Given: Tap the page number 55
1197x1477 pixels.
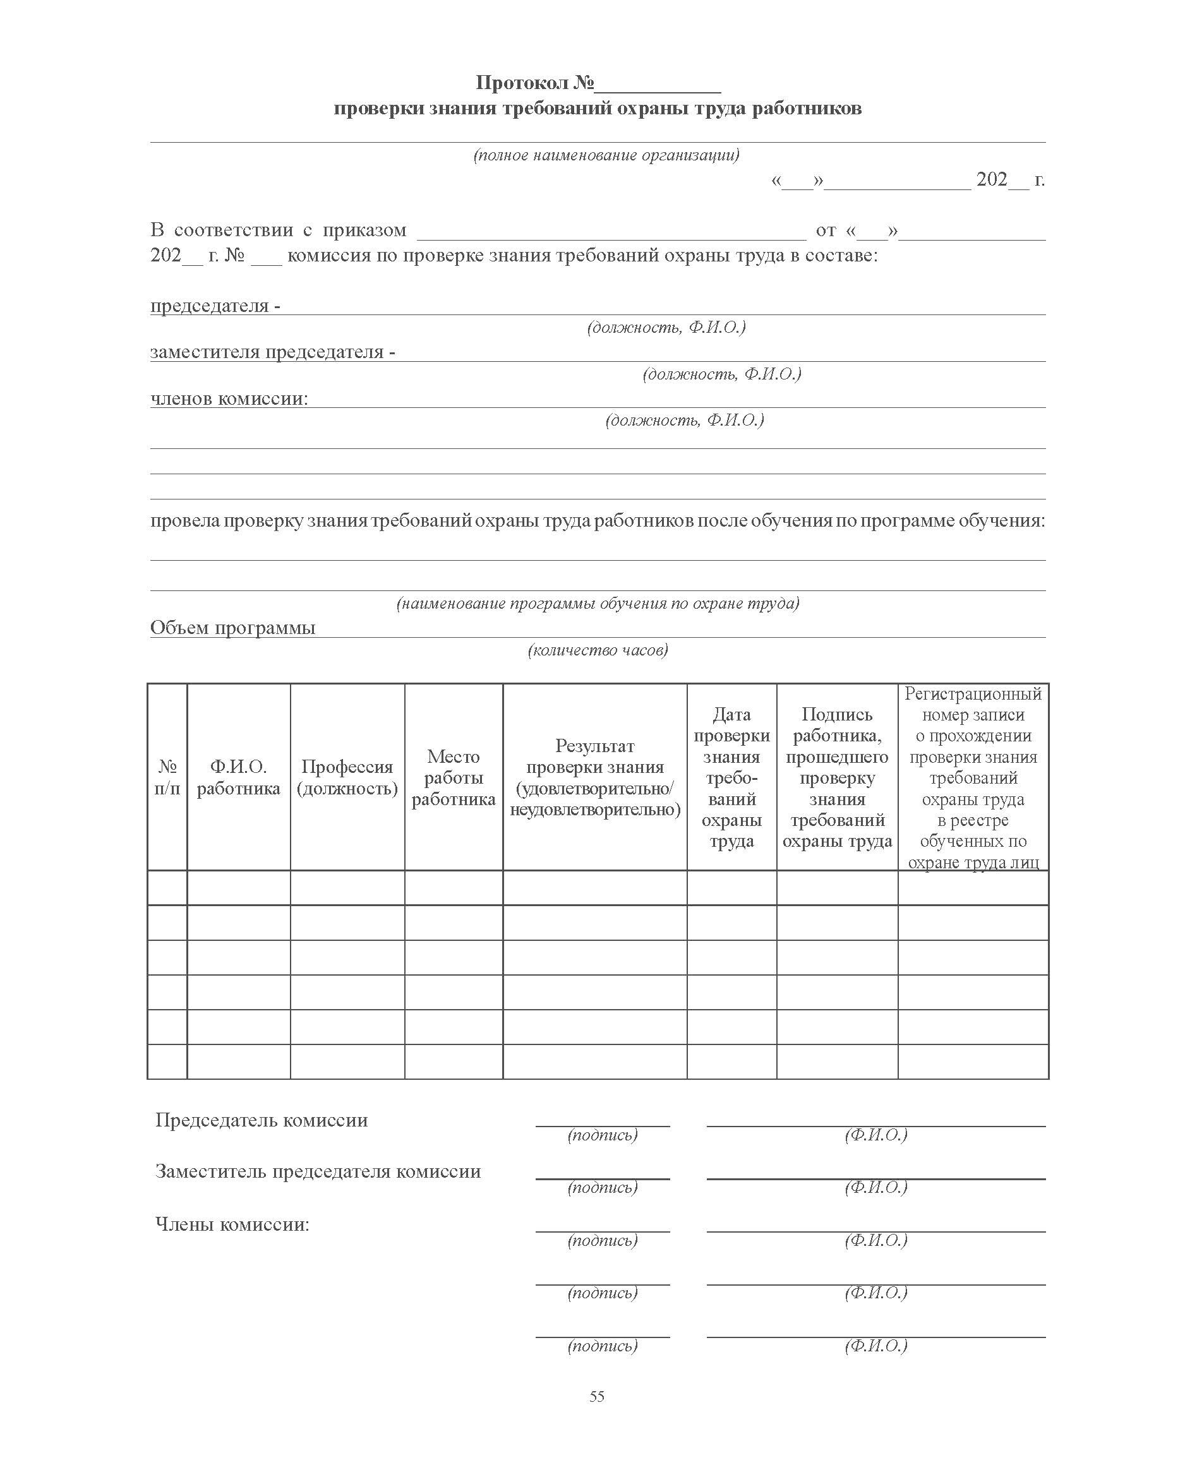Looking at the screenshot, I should click(597, 1396).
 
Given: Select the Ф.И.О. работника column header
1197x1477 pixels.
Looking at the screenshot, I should click(238, 777).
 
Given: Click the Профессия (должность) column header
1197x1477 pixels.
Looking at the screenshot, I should click(347, 777).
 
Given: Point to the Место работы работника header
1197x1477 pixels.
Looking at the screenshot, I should click(453, 777).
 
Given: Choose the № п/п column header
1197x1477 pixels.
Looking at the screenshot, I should click(167, 777).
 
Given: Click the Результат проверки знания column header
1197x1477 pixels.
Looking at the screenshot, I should click(594, 777).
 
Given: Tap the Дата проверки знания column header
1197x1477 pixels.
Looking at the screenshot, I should click(731, 777).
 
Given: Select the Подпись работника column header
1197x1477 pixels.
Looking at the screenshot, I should click(837, 777).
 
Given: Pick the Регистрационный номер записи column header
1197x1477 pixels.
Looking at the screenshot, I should click(973, 777).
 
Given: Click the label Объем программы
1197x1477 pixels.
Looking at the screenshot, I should click(232, 628).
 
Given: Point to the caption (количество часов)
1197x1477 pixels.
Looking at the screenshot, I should click(598, 650).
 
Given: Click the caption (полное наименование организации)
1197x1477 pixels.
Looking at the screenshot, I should click(606, 155).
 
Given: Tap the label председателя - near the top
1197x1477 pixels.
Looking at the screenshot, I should click(214, 306).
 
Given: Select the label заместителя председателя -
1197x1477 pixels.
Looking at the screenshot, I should click(272, 352).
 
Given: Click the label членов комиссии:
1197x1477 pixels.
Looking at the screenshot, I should click(229, 399).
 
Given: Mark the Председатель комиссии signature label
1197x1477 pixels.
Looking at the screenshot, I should click(262, 1121).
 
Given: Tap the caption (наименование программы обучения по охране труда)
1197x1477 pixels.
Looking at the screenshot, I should click(598, 604).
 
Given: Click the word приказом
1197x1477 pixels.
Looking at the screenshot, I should click(364, 230).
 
